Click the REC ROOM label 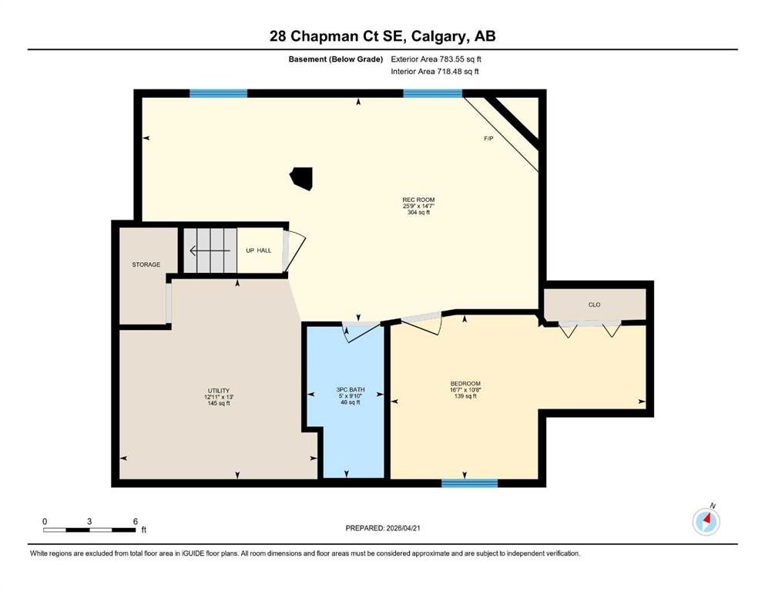418,200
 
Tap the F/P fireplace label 488,139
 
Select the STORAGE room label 146,264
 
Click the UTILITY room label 219,391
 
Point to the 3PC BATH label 351,389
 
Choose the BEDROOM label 465,384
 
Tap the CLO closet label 594,304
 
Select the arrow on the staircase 210,251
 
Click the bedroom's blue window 469,483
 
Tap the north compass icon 706,522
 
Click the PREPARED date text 382,528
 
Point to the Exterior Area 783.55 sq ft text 436,59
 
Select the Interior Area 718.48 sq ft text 435,71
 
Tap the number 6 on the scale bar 135,521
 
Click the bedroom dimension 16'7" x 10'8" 465,390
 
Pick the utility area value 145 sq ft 219,403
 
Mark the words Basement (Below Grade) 336,59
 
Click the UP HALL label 259,251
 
